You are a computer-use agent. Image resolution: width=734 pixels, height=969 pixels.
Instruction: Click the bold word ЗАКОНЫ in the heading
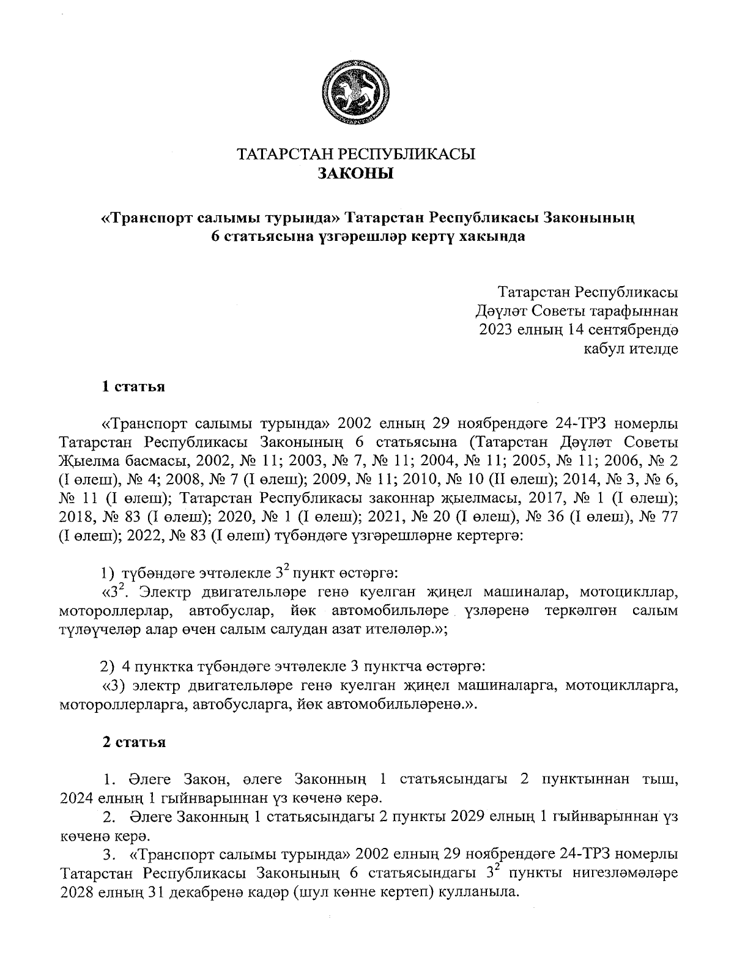tap(356, 174)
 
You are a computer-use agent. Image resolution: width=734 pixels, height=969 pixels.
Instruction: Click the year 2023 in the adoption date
tap(499, 330)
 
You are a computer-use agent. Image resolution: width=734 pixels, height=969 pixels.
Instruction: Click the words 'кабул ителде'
tap(631, 349)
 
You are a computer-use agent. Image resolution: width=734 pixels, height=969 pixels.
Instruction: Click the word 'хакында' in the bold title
tap(496, 237)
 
